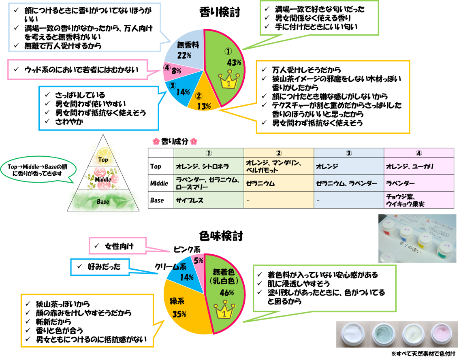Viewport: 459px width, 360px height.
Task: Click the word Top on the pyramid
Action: coord(103,160)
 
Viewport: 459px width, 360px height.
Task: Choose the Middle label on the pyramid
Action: coord(103,179)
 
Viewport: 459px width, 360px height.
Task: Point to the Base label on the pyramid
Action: coord(103,201)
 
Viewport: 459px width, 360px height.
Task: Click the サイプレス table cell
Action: coord(209,200)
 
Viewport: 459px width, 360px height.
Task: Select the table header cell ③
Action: coord(349,153)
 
